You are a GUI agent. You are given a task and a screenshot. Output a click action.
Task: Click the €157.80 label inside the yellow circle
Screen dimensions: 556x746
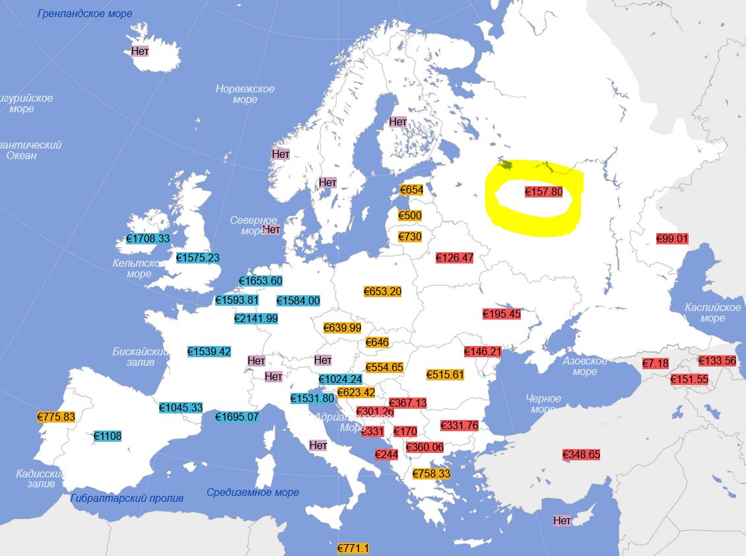[x=543, y=191]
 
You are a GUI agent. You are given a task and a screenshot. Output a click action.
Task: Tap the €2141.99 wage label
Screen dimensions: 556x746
[x=256, y=318]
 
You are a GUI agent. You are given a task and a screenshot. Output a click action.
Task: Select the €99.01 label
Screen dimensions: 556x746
[x=672, y=239]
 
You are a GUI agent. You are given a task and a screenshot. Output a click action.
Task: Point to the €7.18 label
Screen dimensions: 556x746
[x=656, y=363]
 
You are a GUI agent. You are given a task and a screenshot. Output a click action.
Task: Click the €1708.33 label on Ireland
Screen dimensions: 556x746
[x=147, y=238]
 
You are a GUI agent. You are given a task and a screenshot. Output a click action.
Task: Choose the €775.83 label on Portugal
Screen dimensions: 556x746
[x=56, y=417]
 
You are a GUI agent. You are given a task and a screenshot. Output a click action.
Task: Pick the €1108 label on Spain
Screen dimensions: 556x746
[x=108, y=436]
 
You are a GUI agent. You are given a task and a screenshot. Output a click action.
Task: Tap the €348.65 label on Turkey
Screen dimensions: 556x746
[x=581, y=454]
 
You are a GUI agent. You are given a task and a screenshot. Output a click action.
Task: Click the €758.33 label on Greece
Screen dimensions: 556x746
[x=431, y=473]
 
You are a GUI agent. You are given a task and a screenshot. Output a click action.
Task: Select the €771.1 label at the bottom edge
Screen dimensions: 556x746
[x=353, y=548]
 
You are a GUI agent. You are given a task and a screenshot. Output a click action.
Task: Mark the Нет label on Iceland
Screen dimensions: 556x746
[x=140, y=50]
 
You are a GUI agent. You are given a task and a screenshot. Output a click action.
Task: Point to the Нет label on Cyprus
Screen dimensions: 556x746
[x=562, y=520]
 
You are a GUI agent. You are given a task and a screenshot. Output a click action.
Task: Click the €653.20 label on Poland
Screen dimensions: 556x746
[x=382, y=291]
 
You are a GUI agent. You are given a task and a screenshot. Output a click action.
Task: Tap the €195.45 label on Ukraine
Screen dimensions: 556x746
[x=502, y=314]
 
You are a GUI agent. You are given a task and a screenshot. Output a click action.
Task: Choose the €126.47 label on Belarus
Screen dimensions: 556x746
[x=455, y=258]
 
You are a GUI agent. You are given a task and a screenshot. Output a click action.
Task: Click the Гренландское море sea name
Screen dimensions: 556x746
[x=85, y=13]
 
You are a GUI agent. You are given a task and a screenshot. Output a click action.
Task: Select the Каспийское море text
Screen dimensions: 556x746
[x=713, y=313]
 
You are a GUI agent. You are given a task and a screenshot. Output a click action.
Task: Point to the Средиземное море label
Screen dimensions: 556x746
[x=253, y=492]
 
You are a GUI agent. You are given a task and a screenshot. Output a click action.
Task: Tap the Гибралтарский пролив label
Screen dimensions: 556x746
[x=127, y=498]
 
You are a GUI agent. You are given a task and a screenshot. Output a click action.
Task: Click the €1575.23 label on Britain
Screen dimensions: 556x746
[x=198, y=258]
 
